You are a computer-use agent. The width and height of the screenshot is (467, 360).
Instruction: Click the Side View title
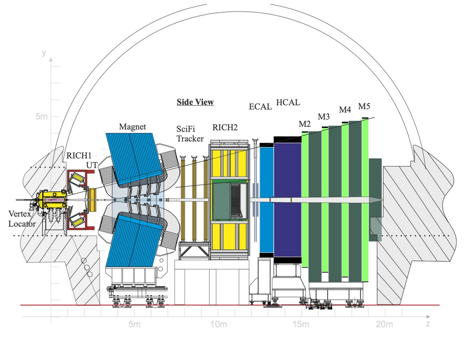195,102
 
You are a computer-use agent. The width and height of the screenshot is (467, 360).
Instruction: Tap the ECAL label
260,107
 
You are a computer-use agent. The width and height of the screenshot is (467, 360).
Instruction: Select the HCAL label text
288,102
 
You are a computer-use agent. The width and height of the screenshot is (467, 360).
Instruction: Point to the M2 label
305,124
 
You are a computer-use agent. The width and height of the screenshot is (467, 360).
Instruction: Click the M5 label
364,106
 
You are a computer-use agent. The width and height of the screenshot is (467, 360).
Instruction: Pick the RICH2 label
225,128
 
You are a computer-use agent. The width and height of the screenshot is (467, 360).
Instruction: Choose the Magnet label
132,127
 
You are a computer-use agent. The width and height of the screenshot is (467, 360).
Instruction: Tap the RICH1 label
79,156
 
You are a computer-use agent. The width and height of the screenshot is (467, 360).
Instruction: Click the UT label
92,165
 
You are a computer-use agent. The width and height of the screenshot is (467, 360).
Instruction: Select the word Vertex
20,213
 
